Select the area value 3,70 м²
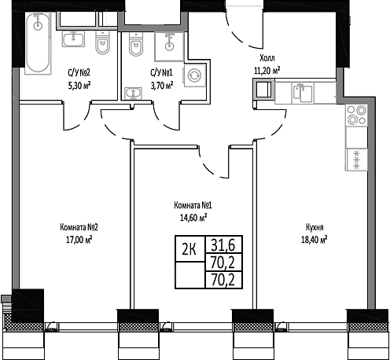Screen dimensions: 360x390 click(162, 88)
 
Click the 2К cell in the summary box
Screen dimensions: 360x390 click(189, 250)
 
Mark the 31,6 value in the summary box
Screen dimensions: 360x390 click(223, 244)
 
